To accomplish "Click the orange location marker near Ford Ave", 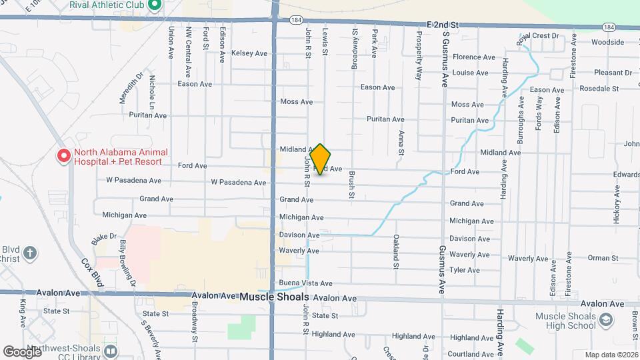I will coord(320,159).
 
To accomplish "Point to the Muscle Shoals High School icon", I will coord(605,321).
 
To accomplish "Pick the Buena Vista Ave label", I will coord(305,283).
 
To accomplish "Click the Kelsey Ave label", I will coord(249,53).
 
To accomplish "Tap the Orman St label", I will coord(585,258).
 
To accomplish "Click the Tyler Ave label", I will coord(465,270).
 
